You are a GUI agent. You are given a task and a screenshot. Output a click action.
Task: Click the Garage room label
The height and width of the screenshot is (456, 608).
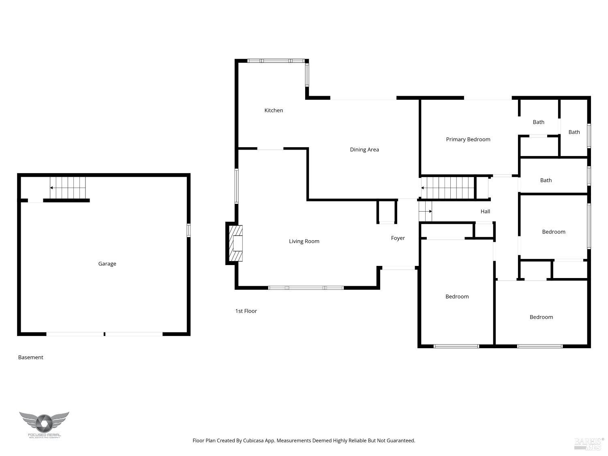(x=107, y=264)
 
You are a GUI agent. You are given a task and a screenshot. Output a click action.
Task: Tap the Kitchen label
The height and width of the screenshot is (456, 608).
(x=274, y=110)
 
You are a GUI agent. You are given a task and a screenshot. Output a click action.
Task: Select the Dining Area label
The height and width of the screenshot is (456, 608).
(x=364, y=150)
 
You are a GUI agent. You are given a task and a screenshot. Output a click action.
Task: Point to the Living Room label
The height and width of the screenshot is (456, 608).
(x=304, y=241)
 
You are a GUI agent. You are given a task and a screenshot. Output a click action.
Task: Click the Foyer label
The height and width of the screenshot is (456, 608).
(x=398, y=238)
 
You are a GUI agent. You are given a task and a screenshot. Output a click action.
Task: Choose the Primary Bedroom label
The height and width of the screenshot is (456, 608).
(x=468, y=139)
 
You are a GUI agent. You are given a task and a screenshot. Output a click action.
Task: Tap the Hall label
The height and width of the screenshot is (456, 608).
(x=485, y=212)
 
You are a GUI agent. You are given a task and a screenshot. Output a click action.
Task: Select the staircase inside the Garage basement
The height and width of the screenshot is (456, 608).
(x=68, y=188)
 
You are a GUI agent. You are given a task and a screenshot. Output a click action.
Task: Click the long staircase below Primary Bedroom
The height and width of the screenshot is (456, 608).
(x=447, y=188)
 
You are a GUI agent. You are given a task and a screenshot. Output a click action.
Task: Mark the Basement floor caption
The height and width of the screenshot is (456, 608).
(x=31, y=358)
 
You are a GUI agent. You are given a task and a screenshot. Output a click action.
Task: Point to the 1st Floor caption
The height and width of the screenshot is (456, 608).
(x=246, y=311)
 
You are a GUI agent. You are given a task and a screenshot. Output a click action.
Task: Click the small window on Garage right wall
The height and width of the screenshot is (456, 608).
(x=188, y=230)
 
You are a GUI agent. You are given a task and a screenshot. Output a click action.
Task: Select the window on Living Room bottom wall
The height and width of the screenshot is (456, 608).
(x=306, y=288)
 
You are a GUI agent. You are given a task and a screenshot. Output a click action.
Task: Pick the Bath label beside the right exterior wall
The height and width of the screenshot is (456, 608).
(x=574, y=132)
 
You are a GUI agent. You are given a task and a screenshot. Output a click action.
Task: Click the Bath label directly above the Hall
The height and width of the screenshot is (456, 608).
(x=546, y=180)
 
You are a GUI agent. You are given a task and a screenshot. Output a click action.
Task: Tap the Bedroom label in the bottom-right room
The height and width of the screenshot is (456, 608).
(x=541, y=317)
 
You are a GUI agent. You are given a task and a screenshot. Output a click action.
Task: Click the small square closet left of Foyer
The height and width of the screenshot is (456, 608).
(x=387, y=211)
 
